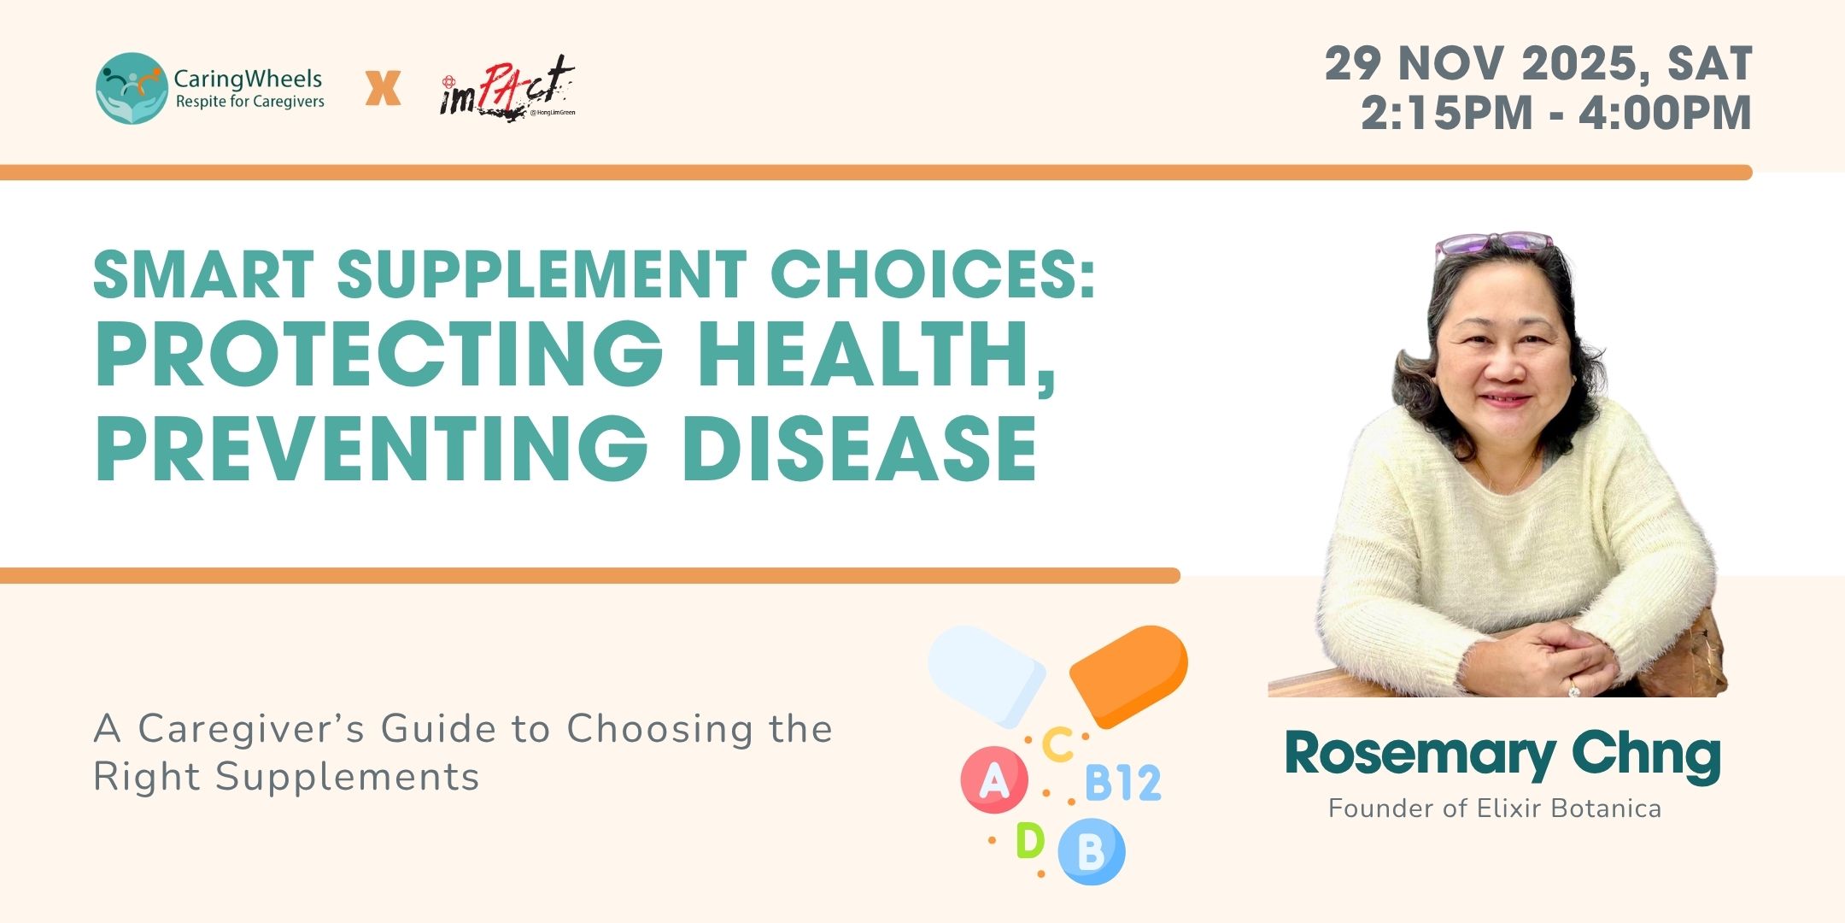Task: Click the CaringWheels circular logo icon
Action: pos(132,88)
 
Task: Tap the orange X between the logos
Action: pos(383,88)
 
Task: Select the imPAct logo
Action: pos(508,88)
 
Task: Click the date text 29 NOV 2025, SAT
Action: pos(1539,63)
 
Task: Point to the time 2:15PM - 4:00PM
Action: pos(1556,113)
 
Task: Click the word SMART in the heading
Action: pos(204,274)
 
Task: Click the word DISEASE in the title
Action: pos(860,448)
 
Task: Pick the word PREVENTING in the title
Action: pos(371,448)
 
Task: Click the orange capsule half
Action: pos(1128,675)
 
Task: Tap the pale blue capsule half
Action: pos(987,675)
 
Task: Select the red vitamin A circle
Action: pos(993,779)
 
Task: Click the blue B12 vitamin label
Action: pos(1122,783)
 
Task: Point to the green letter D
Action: pos(1029,840)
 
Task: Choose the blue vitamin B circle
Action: pos(1092,851)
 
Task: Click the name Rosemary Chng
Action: pos(1502,755)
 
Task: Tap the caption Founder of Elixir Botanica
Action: pos(1495,808)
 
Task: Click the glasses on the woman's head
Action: pos(1493,244)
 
